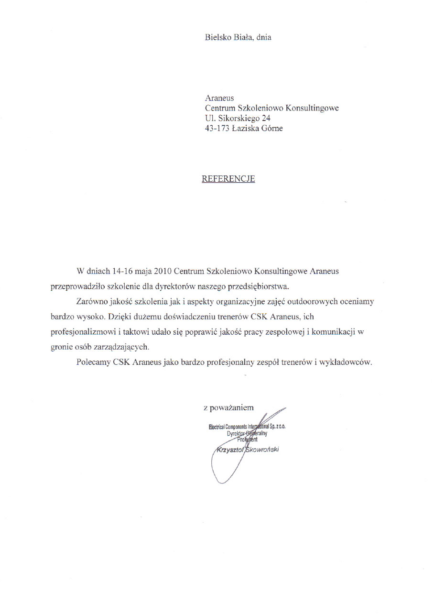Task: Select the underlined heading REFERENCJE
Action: tap(228, 179)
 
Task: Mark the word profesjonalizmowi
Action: tap(82, 332)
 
